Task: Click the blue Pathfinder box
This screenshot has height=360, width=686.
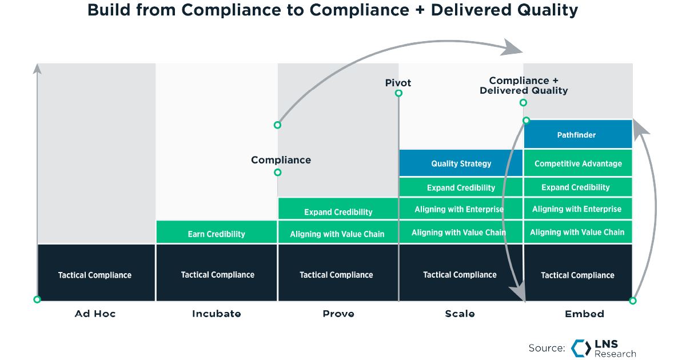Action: click(577, 135)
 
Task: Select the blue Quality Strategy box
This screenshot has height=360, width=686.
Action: click(461, 163)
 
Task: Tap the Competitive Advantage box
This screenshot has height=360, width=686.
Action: click(577, 163)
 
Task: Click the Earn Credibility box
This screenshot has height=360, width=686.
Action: click(216, 234)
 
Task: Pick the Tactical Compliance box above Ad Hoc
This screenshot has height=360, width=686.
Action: click(95, 275)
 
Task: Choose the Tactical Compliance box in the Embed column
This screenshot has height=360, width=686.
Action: click(577, 275)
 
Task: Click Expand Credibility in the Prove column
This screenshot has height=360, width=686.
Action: click(338, 212)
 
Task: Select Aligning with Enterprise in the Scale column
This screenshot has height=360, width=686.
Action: click(459, 209)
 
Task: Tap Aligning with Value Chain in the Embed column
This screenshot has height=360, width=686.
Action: click(577, 232)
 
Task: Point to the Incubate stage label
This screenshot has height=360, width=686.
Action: click(216, 314)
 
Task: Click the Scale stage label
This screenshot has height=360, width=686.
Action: click(460, 314)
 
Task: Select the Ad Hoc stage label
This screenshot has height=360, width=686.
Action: click(95, 314)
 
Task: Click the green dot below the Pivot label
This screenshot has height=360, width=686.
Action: click(398, 93)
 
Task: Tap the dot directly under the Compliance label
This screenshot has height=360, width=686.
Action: click(277, 172)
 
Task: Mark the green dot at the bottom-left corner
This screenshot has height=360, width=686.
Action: click(37, 299)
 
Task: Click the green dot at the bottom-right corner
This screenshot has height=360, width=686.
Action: click(633, 301)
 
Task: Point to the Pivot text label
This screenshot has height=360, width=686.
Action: click(398, 83)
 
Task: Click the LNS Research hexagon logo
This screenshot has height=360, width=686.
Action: click(581, 348)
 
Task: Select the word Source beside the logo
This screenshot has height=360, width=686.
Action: click(547, 348)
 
